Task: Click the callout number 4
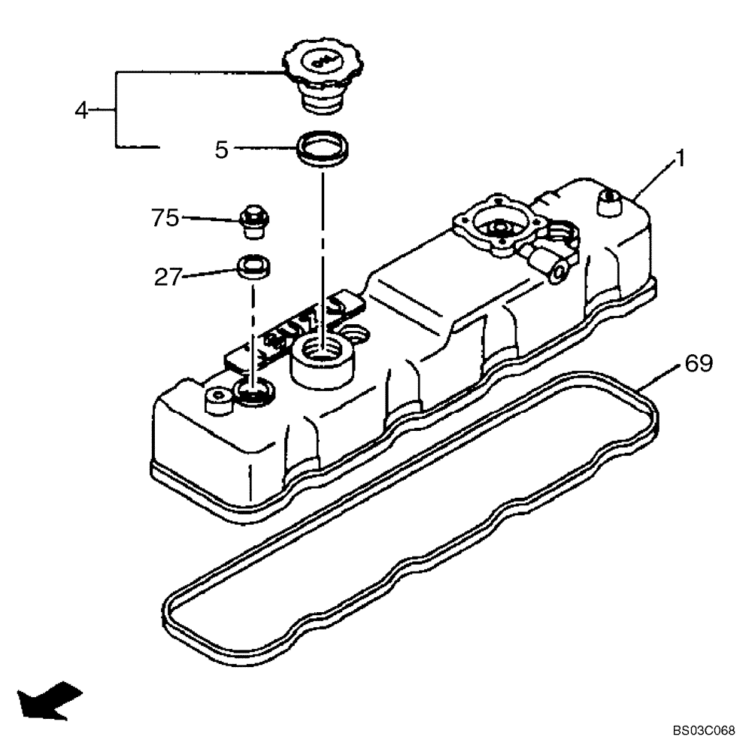[x=81, y=111]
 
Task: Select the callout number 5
[x=221, y=150]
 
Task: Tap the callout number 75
[x=165, y=218]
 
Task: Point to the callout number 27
[x=168, y=277]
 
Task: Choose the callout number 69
[x=699, y=364]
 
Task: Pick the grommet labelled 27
[x=254, y=267]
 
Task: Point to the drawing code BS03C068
[x=703, y=730]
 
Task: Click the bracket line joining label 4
[x=116, y=110]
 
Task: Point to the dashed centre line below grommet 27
[x=253, y=331]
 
